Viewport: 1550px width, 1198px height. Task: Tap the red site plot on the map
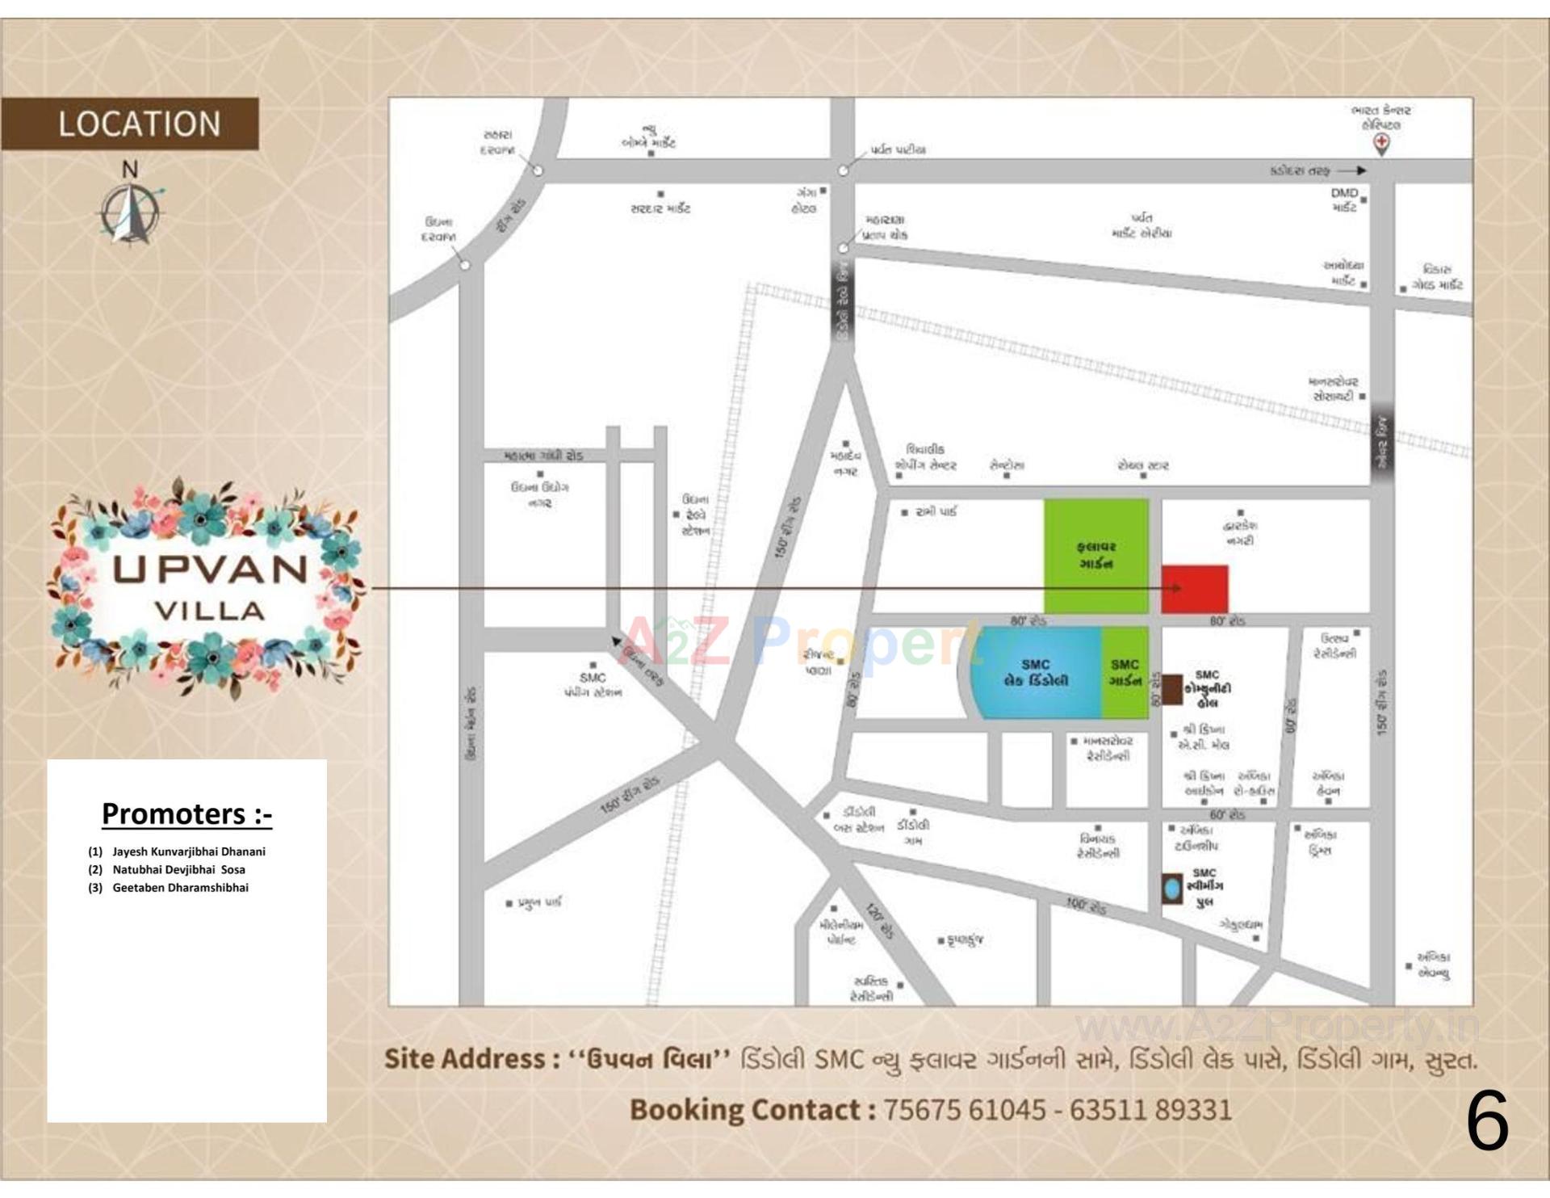pos(1195,589)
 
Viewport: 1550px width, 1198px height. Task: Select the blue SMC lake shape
pos(1033,673)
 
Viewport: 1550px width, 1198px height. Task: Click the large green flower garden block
pos(1095,555)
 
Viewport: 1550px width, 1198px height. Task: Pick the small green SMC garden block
pos(1125,673)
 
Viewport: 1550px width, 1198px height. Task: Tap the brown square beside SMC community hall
pos(1171,689)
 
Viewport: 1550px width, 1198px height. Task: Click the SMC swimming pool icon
pos(1171,889)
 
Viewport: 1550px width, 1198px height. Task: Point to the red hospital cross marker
pos(1382,144)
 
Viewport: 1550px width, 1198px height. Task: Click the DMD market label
pos(1344,200)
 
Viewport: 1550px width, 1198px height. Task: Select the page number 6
pos(1487,1122)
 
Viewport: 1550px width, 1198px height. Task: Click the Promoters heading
pos(186,813)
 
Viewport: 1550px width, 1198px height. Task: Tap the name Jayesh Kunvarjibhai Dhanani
pos(189,851)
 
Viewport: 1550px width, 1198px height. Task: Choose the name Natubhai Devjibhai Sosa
pos(178,870)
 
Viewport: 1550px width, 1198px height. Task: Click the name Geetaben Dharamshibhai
pos(180,888)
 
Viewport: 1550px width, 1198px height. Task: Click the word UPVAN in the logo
pos(210,570)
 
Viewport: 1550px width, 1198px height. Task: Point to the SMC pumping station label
pos(593,685)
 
